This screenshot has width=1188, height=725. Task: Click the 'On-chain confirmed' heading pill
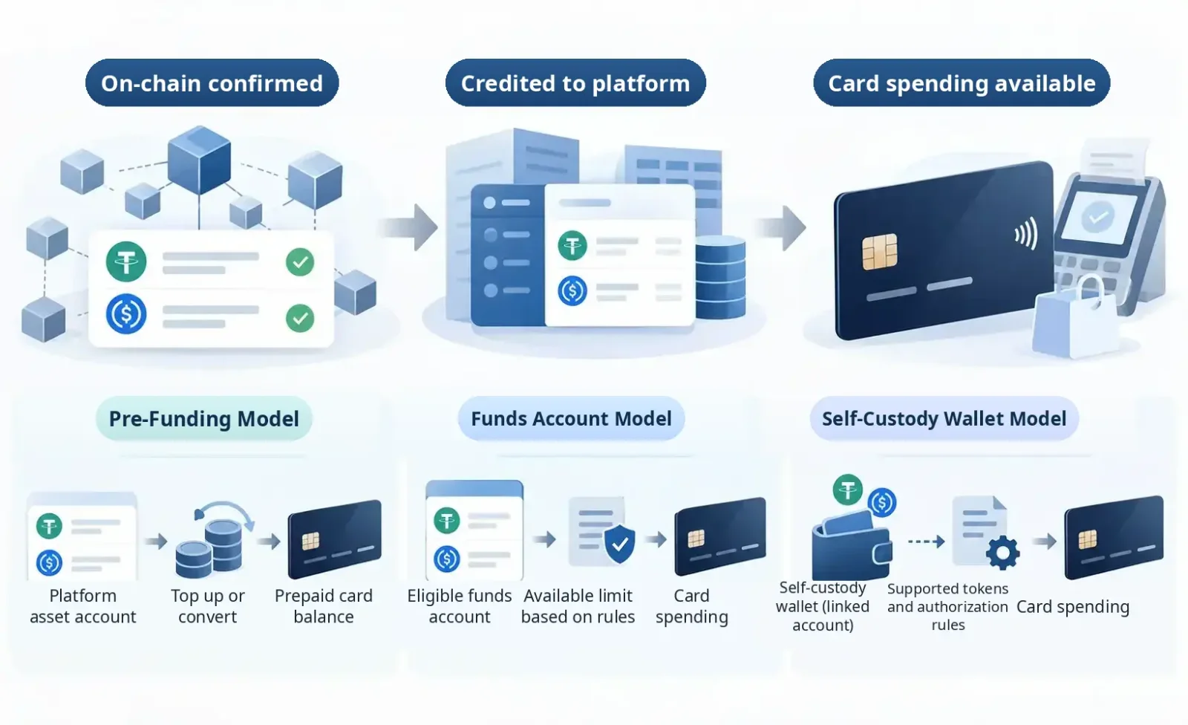pyautogui.click(x=212, y=82)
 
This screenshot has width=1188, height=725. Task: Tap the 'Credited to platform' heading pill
pyautogui.click(x=575, y=82)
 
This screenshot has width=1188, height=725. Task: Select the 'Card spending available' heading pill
pyautogui.click(x=962, y=82)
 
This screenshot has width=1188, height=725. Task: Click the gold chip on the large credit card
pyautogui.click(x=880, y=251)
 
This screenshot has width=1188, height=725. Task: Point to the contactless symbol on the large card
pyautogui.click(x=1025, y=235)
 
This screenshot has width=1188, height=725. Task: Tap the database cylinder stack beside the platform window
pyautogui.click(x=720, y=277)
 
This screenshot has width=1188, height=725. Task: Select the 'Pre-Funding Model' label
pyautogui.click(x=204, y=419)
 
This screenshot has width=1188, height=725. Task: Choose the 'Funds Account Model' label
pyautogui.click(x=571, y=419)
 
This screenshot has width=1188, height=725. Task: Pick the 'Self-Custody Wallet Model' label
pyautogui.click(x=944, y=419)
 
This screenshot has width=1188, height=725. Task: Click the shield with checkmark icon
pyautogui.click(x=619, y=544)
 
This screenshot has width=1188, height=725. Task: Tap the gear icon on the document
pyautogui.click(x=1002, y=553)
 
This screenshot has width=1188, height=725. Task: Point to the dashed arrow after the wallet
pyautogui.click(x=926, y=542)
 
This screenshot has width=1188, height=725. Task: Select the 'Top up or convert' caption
pyautogui.click(x=207, y=606)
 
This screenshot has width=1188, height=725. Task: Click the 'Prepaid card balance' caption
pyautogui.click(x=324, y=606)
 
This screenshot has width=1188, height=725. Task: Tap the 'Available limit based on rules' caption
pyautogui.click(x=578, y=606)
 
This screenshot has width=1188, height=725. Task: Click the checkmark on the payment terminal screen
pyautogui.click(x=1097, y=217)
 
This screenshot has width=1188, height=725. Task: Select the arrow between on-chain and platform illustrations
pyautogui.click(x=408, y=228)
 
